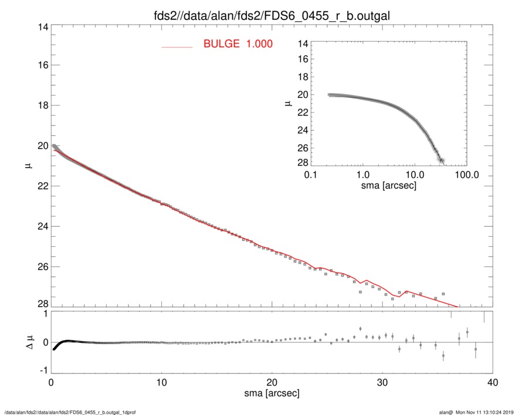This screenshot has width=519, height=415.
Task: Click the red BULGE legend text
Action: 238,44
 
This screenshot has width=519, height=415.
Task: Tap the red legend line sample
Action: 177,46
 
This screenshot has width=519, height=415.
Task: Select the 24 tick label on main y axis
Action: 42,226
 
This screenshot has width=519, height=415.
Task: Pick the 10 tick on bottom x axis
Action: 161,382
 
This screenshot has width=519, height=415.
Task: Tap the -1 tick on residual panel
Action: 41,371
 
